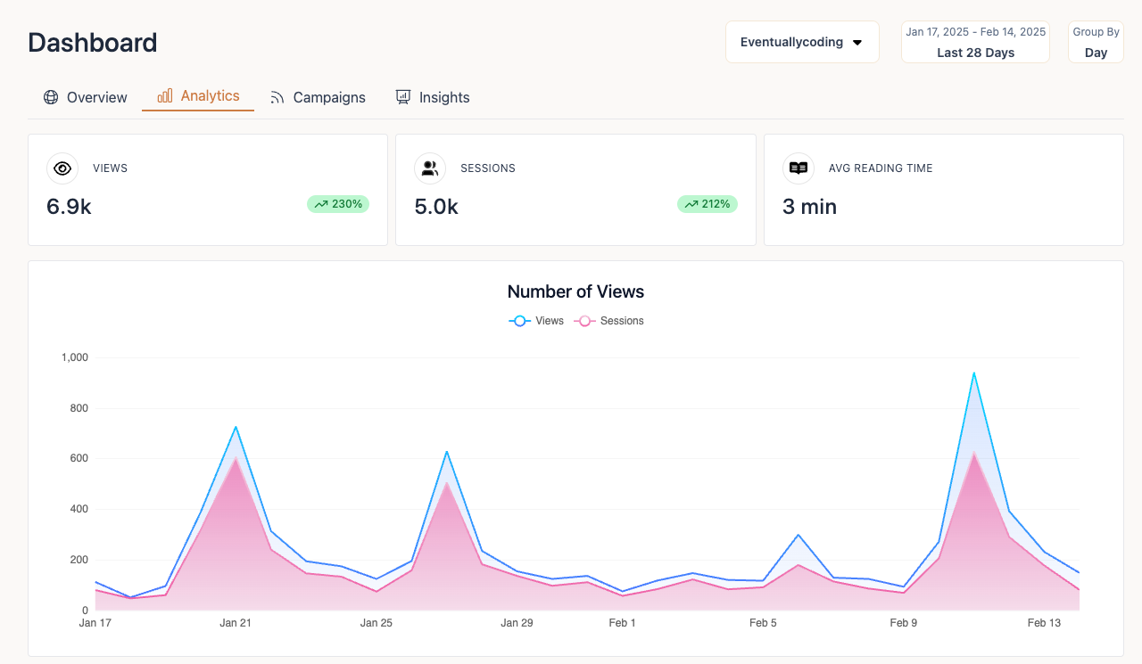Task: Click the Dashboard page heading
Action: pos(93,43)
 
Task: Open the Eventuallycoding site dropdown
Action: pos(801,42)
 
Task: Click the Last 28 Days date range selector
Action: pos(975,43)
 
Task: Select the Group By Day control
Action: pos(1096,43)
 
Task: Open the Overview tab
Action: pos(86,97)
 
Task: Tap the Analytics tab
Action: pos(198,96)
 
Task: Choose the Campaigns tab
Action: pos(318,97)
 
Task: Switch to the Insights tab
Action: pos(433,97)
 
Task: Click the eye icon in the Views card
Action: pos(62,168)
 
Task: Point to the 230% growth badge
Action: pos(338,204)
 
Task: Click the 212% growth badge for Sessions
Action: pos(708,204)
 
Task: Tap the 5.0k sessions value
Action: pos(436,207)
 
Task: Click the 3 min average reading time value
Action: pos(809,207)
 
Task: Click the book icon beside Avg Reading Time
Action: pos(799,168)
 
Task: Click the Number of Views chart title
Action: pos(575,291)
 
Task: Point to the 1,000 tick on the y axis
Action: pos(75,357)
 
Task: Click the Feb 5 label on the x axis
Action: pos(763,623)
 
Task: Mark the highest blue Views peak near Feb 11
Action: pos(973,373)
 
